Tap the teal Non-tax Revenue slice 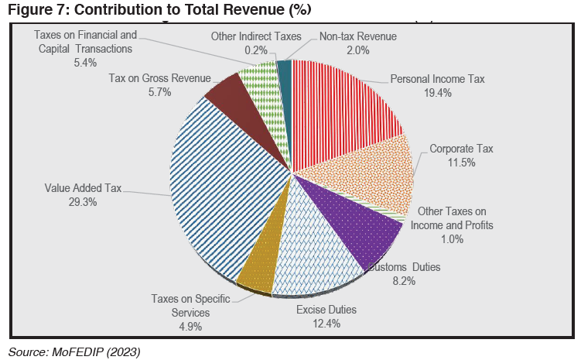(x=285, y=93)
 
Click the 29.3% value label (x=83, y=202)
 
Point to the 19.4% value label (x=438, y=93)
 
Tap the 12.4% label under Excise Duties (x=326, y=324)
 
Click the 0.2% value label (x=256, y=50)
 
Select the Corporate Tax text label (x=461, y=149)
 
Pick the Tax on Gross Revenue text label (x=159, y=78)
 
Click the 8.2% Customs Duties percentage (x=404, y=281)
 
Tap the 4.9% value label (x=190, y=327)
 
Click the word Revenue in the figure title (x=251, y=9)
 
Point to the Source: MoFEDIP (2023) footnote (x=74, y=351)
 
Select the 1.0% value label (x=452, y=239)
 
